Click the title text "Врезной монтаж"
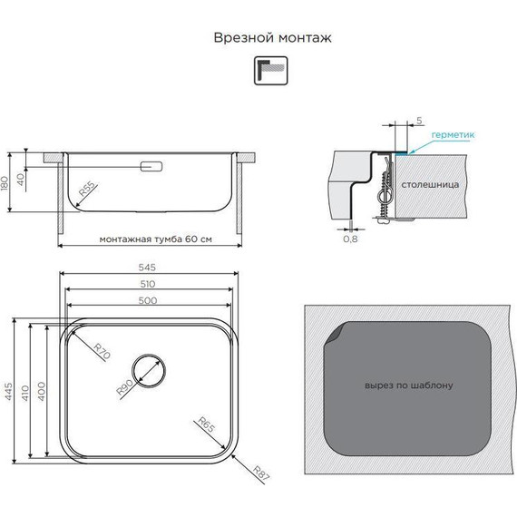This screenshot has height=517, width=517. (x=272, y=37)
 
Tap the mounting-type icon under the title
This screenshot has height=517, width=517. (x=270, y=71)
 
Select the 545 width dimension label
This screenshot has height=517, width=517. (x=147, y=268)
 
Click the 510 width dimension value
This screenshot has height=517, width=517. (x=147, y=284)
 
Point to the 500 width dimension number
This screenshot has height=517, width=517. (x=148, y=300)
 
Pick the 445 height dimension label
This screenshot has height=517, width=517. (x=8, y=391)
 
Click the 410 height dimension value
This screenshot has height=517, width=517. (x=25, y=393)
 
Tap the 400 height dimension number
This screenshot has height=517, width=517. (x=41, y=391)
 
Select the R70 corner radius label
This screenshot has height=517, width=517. (x=102, y=351)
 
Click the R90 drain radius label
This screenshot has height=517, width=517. (x=125, y=387)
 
